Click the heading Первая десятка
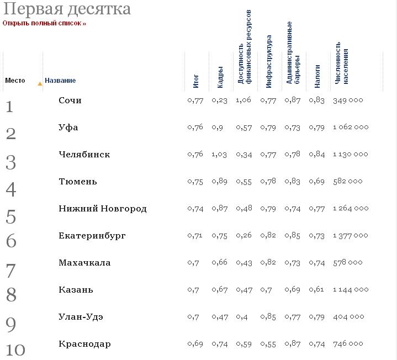point(67,9)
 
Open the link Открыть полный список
point(44,23)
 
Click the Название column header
point(60,81)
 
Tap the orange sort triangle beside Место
point(40,84)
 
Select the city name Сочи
point(70,100)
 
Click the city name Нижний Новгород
point(103,209)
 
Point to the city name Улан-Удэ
point(81,317)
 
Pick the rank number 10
point(15,350)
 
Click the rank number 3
point(11,162)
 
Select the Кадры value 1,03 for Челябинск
point(219,155)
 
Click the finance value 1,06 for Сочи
point(244,100)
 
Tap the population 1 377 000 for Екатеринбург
point(351,236)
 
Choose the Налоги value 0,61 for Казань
point(317,289)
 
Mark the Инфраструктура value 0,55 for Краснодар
point(268,344)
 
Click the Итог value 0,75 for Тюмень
point(195,182)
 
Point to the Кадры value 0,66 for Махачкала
point(219,263)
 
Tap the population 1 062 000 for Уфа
point(351,128)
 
